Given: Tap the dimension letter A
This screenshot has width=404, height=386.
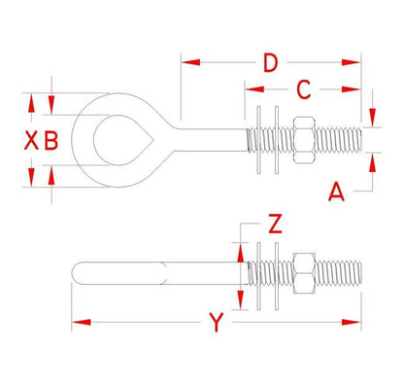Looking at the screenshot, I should click(x=336, y=192).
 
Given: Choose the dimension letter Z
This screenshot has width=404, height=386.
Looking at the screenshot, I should click(x=275, y=226).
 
